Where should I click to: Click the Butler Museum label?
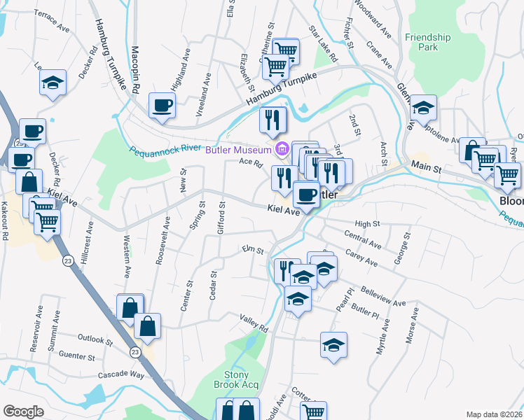coord(237,150)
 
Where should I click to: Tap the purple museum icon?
coord(282,149)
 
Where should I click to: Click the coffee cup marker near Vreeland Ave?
coord(161,106)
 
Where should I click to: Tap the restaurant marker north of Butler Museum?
coord(273,120)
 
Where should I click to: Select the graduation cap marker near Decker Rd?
coord(53,83)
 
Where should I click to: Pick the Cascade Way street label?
coord(121,375)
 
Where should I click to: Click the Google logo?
coord(23,412)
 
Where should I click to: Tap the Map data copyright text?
coord(495,414)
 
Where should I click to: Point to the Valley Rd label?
coord(254,323)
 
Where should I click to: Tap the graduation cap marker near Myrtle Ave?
coord(334,345)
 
